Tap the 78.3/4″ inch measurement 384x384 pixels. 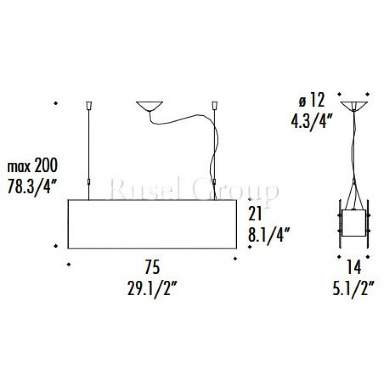point(32,187)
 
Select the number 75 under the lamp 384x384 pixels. point(152,267)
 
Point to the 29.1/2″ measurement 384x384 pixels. point(152,288)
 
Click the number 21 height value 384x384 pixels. point(255,214)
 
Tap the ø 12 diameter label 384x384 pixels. point(312,100)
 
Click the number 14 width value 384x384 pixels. point(354,267)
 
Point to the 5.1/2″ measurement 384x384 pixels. point(353,288)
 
